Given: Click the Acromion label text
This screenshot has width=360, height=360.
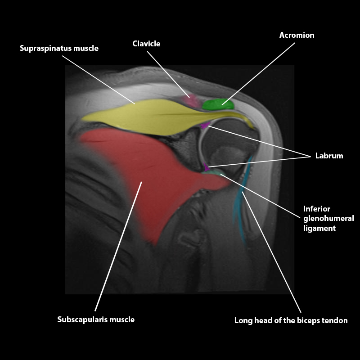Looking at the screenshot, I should [297, 35].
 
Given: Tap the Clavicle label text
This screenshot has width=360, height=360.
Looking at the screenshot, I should [146, 44].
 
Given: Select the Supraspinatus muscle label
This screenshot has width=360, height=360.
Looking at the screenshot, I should [59, 48].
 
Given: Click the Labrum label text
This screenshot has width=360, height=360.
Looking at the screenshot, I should [329, 156].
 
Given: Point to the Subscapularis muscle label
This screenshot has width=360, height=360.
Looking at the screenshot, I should [96, 319].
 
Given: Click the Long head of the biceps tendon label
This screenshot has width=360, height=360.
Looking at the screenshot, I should [291, 321].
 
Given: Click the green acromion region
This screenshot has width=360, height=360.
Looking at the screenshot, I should [218, 105].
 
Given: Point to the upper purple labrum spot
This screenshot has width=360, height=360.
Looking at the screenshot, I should [205, 126].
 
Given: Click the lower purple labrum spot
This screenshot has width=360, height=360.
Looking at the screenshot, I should [207, 168].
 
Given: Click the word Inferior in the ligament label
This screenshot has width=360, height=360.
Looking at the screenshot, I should [317, 209].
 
